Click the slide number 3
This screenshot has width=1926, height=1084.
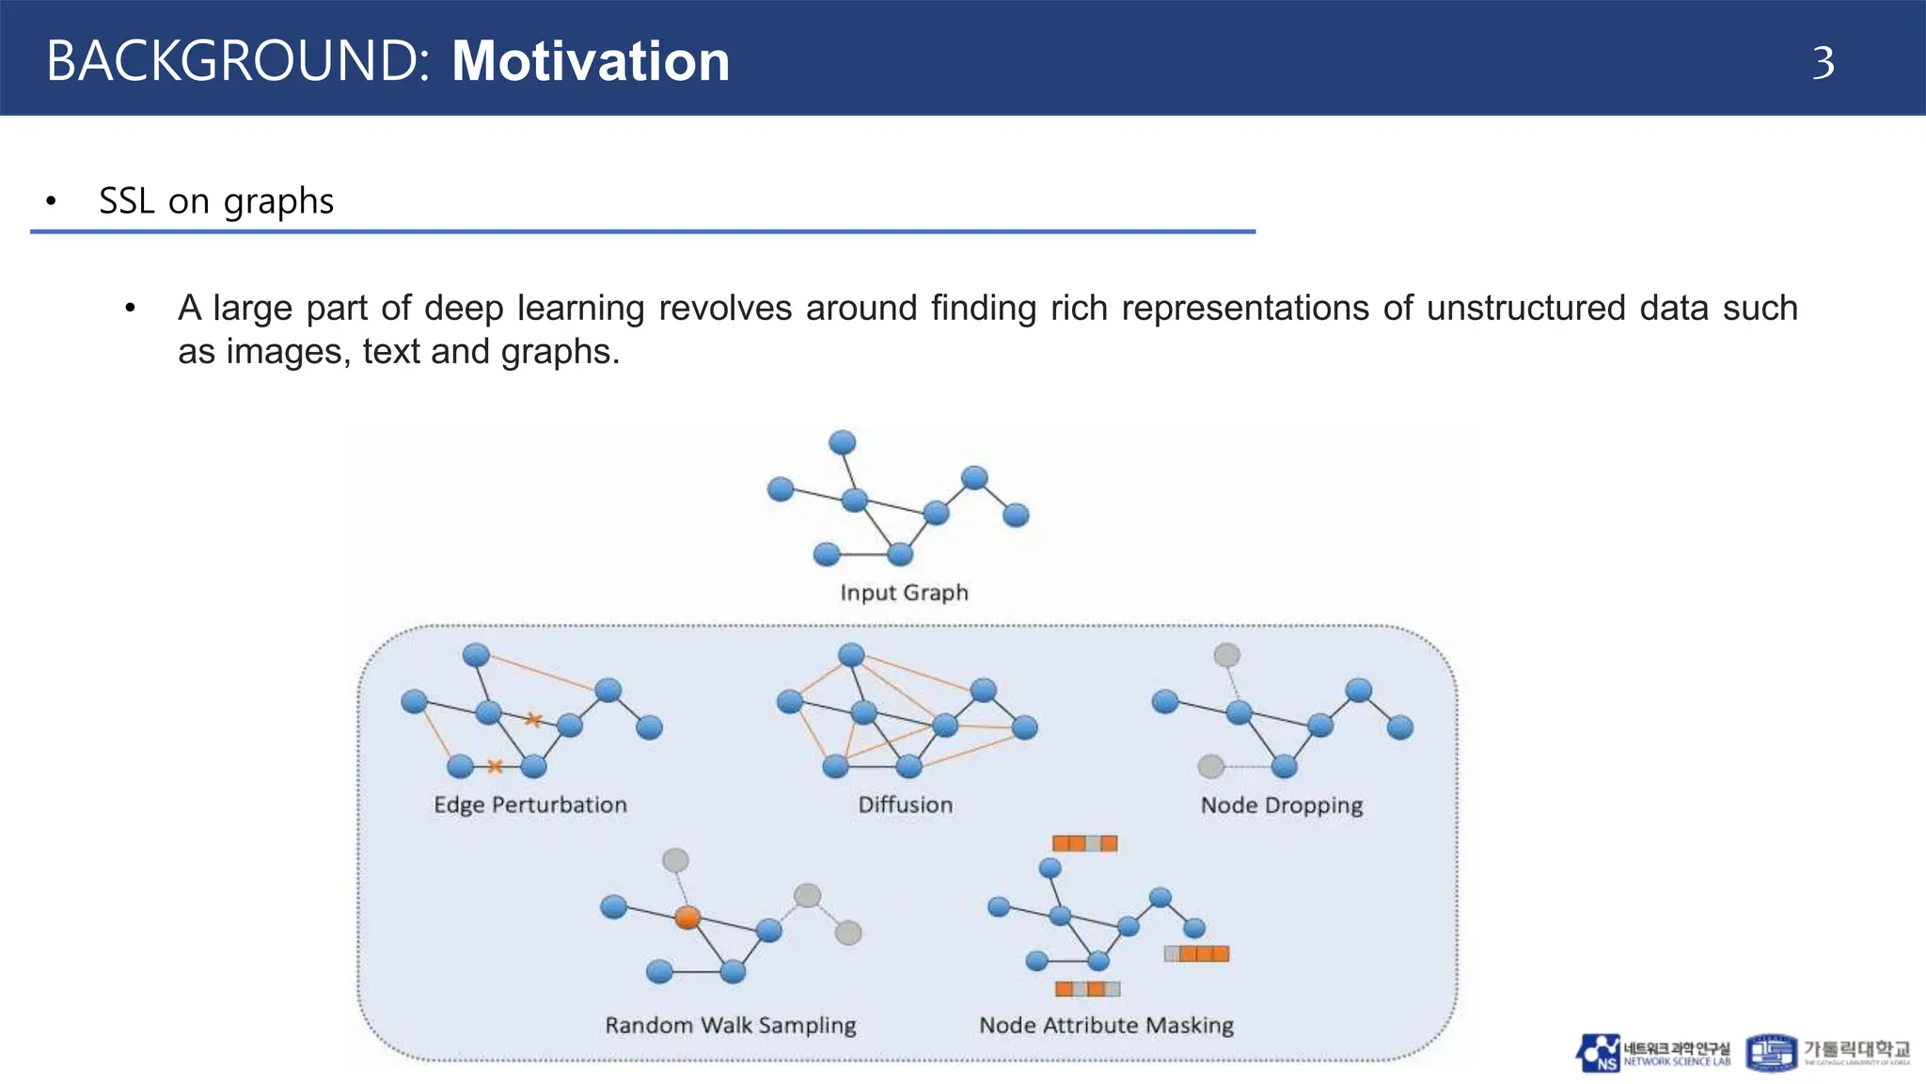click(x=1823, y=63)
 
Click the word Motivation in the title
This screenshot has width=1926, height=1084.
click(x=591, y=62)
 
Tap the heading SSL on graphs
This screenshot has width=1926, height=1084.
click(x=216, y=201)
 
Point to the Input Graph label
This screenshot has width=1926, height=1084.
click(x=904, y=593)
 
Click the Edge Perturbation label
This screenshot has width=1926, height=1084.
click(x=529, y=805)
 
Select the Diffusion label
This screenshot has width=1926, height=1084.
click(x=905, y=805)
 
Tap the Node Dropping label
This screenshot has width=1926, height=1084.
click(x=1281, y=805)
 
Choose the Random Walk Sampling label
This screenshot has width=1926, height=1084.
click(x=730, y=1025)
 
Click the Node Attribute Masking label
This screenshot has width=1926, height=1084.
click(x=1106, y=1025)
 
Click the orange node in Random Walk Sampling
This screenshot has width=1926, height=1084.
click(x=687, y=917)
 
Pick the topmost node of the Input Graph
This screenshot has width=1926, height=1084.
click(x=842, y=442)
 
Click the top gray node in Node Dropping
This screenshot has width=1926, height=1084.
click(x=1226, y=655)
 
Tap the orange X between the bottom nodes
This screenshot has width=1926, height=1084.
click(x=496, y=766)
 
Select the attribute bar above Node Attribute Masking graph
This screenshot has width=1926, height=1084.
click(x=1084, y=843)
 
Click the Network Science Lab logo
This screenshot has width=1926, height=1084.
click(x=1652, y=1053)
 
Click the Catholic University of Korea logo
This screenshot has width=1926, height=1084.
click(x=1827, y=1052)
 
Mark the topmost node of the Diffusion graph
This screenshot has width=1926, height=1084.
click(x=851, y=655)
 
